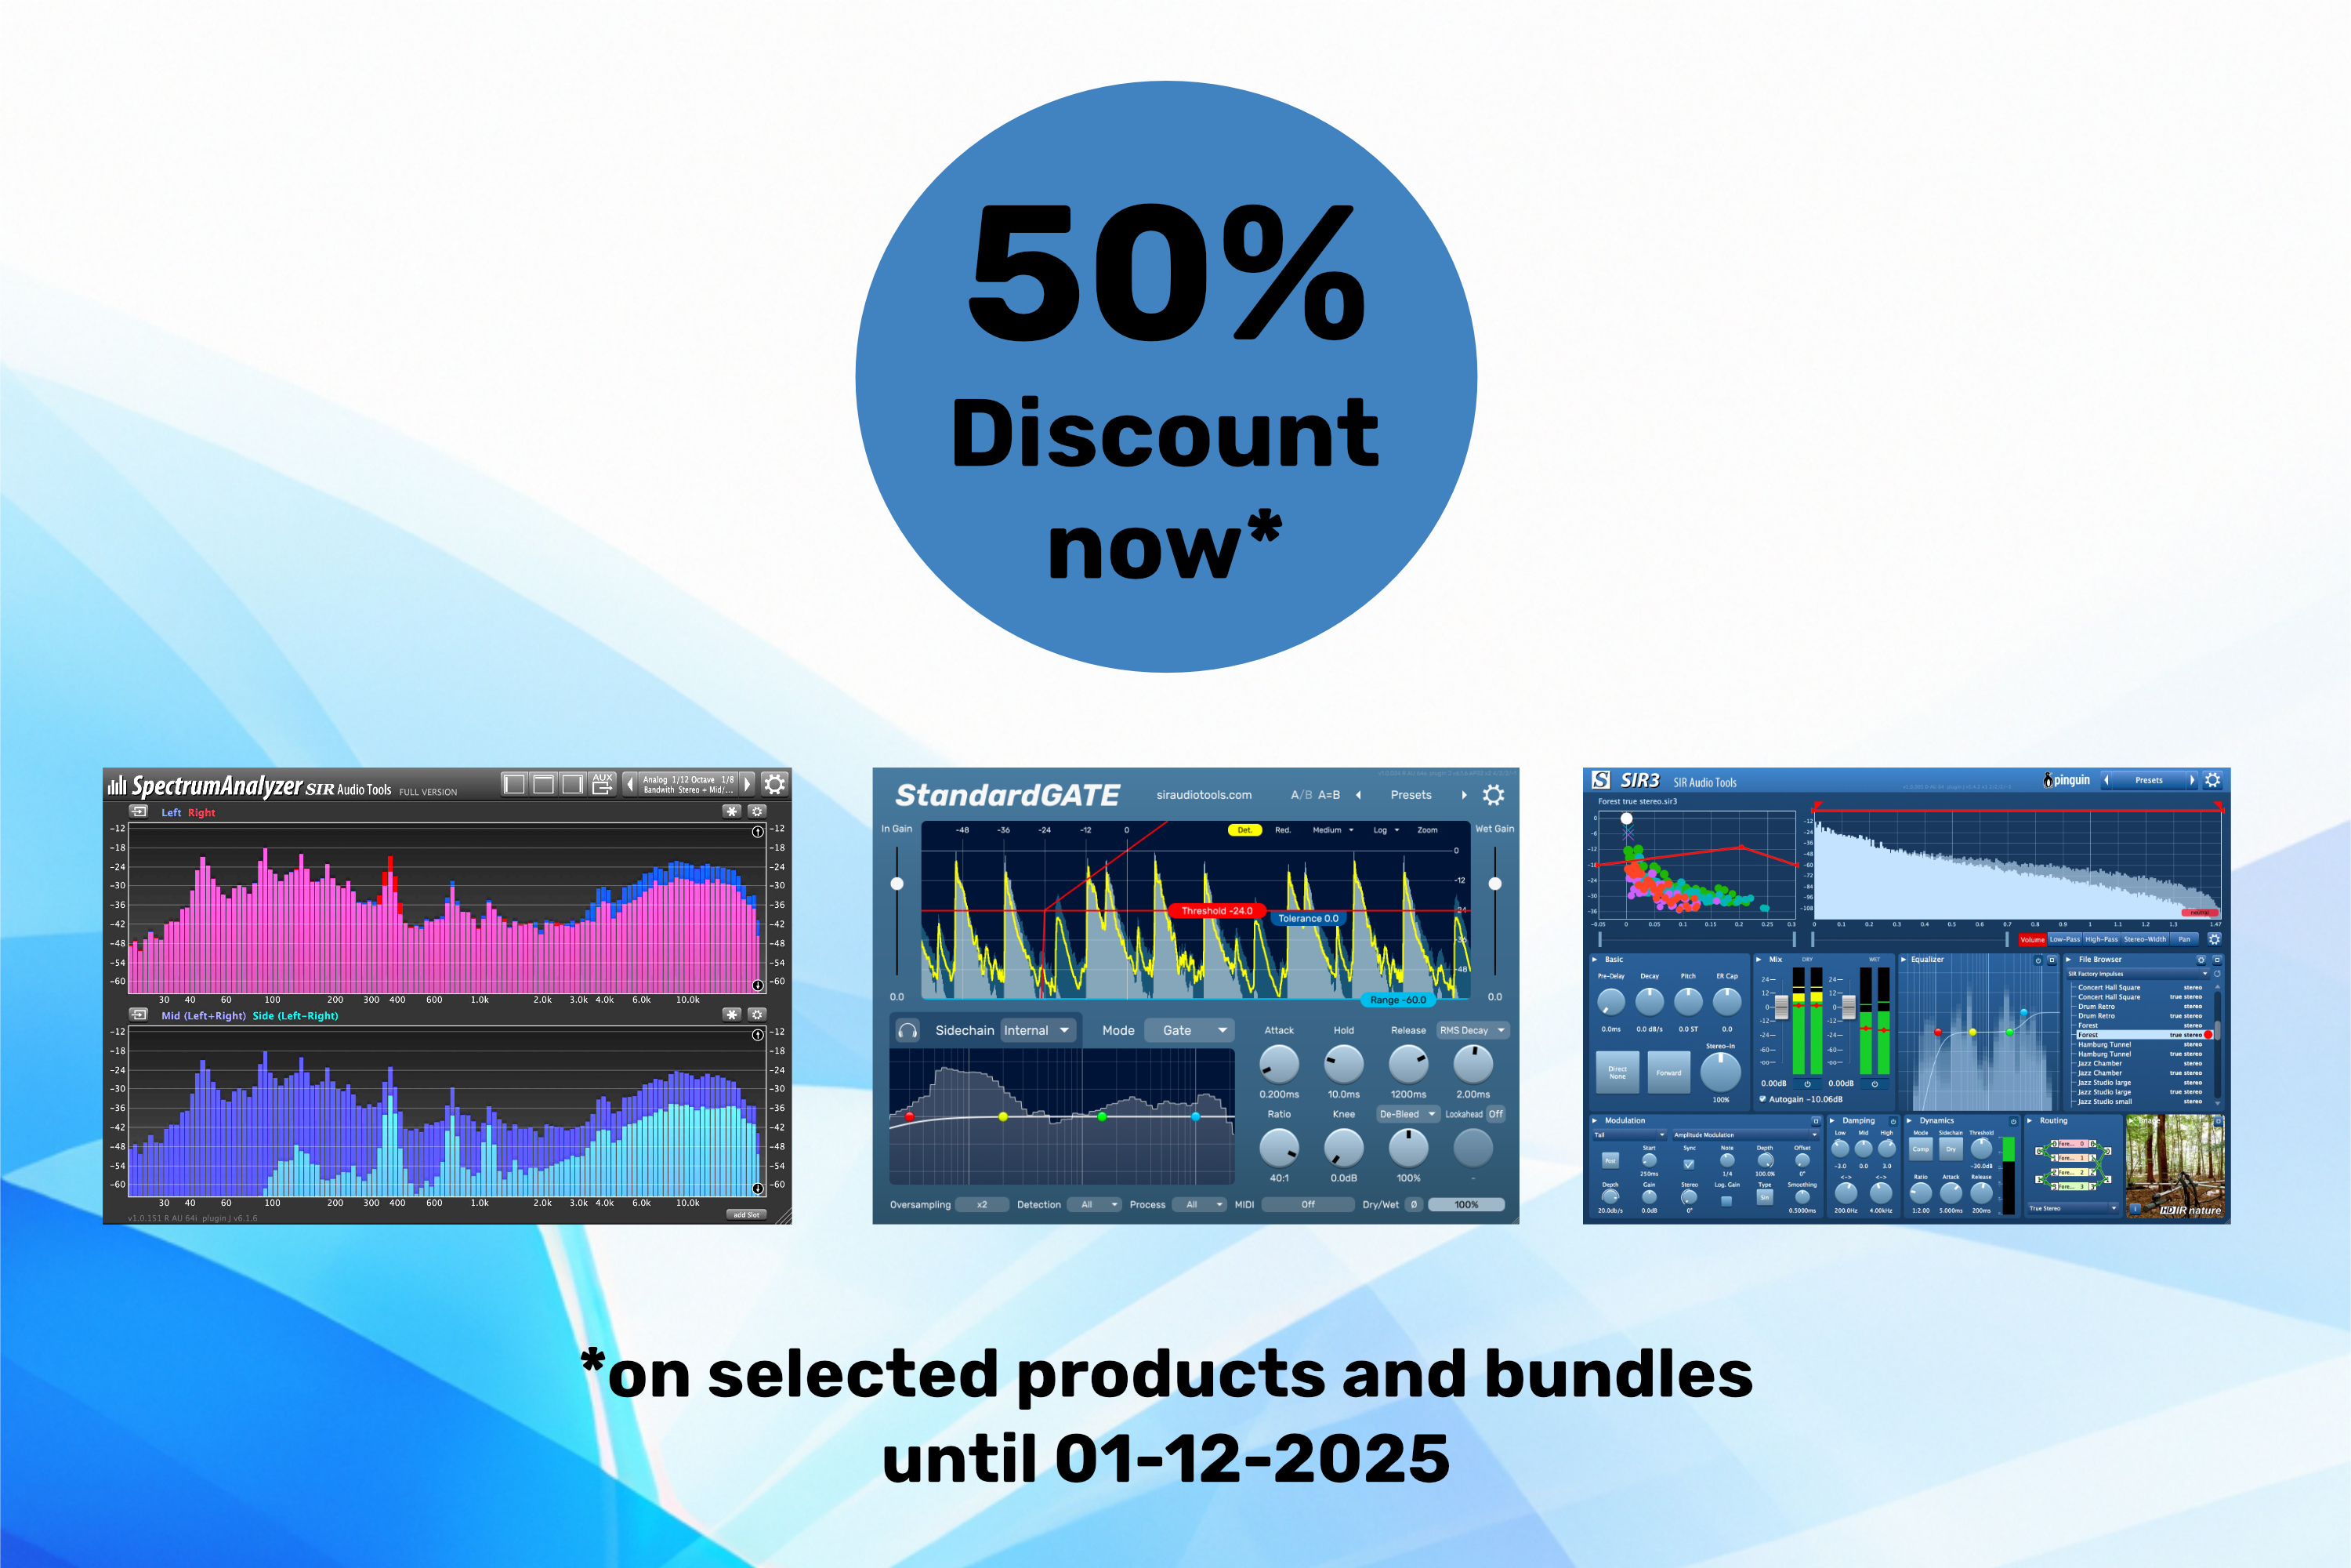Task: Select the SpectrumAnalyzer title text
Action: click(x=217, y=786)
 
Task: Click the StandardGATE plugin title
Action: click(x=1006, y=795)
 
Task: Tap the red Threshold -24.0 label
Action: click(x=1216, y=911)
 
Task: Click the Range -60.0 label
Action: click(x=1397, y=1000)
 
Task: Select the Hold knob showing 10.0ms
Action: click(x=1343, y=1064)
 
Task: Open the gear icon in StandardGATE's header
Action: click(x=1494, y=795)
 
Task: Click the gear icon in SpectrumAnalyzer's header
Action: click(x=775, y=784)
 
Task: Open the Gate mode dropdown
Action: click(x=1190, y=1030)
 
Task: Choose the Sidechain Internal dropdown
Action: click(x=1035, y=1030)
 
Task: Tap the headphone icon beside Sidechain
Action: click(x=907, y=1030)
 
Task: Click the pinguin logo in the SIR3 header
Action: click(x=2067, y=780)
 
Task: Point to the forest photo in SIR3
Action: click(x=2175, y=1166)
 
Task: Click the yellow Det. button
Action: click(x=1244, y=830)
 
